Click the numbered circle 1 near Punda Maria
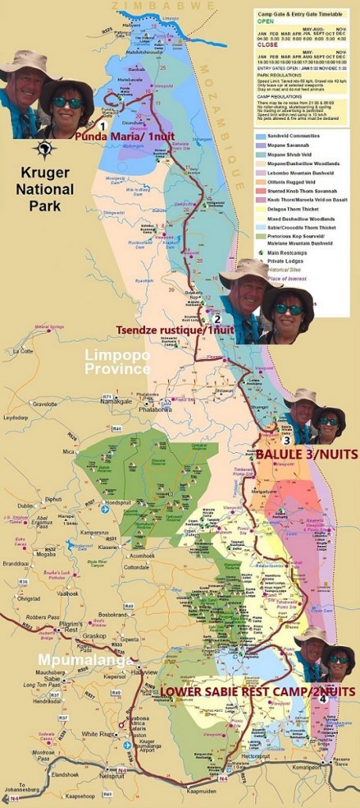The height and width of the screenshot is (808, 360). [x=102, y=125]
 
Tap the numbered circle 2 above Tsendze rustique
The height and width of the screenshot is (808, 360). [x=216, y=319]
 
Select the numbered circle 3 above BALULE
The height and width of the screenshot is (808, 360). [x=298, y=440]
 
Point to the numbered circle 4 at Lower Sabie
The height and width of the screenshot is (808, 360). [x=323, y=698]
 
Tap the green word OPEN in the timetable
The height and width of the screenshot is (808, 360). [x=266, y=22]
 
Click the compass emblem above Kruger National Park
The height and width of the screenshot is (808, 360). [x=45, y=150]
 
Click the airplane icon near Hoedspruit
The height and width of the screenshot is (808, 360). [x=104, y=509]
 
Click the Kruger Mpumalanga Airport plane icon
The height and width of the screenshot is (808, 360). [x=127, y=744]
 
